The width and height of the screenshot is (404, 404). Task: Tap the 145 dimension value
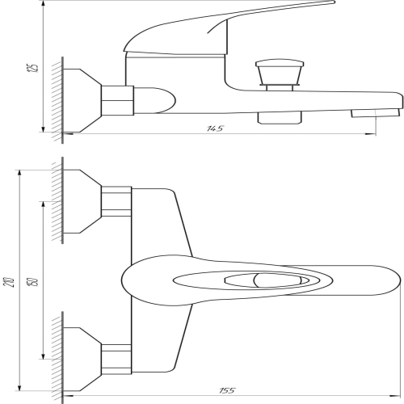pyautogui.click(x=216, y=128)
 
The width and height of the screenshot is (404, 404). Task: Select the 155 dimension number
pyautogui.click(x=228, y=390)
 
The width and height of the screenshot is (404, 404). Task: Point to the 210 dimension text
pyautogui.click(x=11, y=281)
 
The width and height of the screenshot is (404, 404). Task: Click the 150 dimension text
pyautogui.click(x=34, y=281)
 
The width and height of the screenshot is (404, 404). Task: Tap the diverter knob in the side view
pyautogui.click(x=280, y=75)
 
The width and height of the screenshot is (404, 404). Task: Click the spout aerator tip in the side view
pyautogui.click(x=375, y=113)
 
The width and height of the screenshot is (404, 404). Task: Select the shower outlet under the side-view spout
pyautogui.click(x=280, y=118)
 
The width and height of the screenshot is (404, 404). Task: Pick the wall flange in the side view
pyautogui.click(x=82, y=100)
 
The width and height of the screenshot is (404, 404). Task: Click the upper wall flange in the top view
pyautogui.click(x=82, y=201)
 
